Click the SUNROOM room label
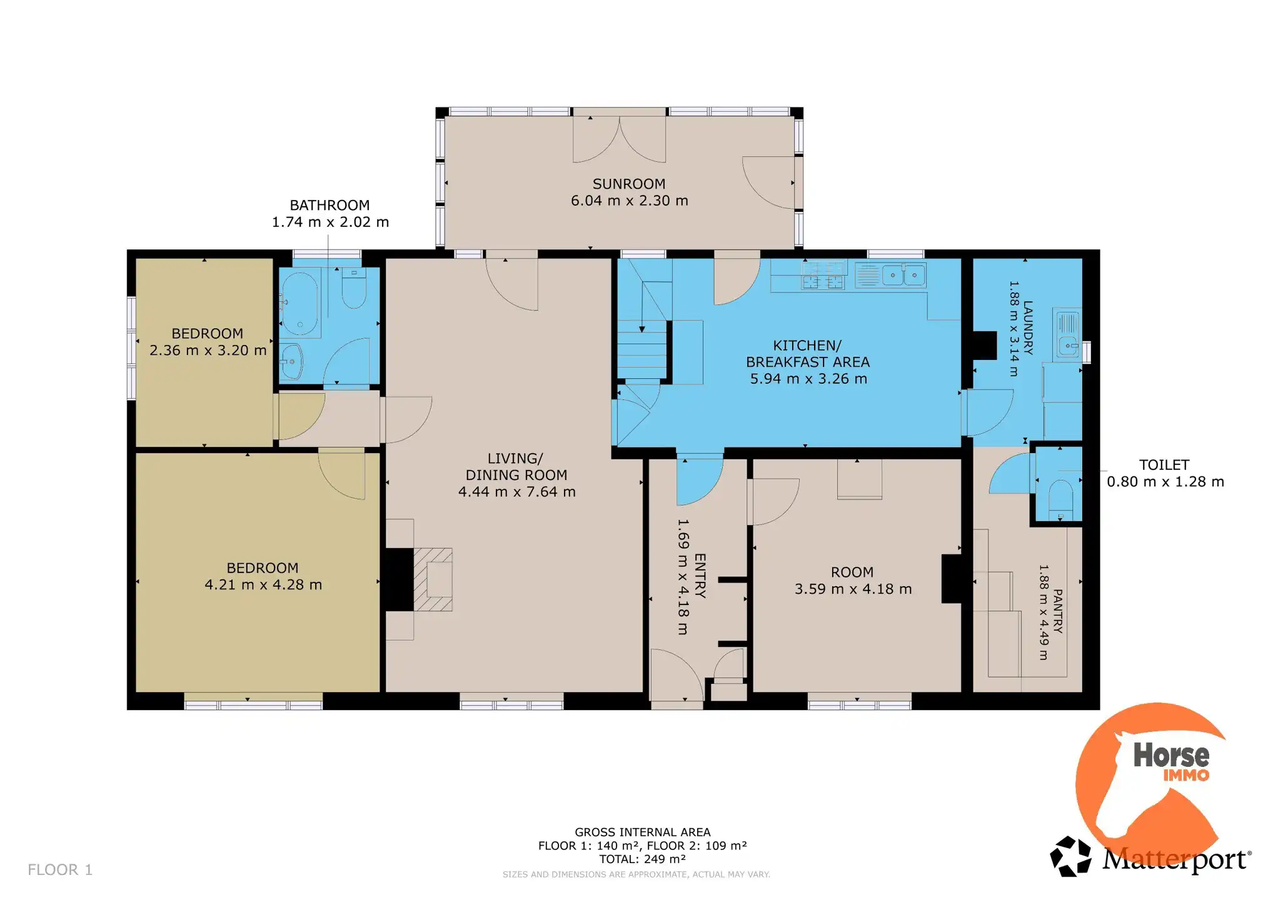point(629,184)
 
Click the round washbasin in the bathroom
point(291,361)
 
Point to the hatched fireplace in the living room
point(433,579)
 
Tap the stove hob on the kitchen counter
point(823,275)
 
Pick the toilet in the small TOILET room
point(1060,496)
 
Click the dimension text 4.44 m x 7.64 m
point(516,492)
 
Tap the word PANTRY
point(1057,611)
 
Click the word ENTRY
point(700,576)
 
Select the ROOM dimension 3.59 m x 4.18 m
point(853,589)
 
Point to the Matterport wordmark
point(1175,859)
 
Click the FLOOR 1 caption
point(60,869)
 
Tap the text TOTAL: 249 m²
point(643,859)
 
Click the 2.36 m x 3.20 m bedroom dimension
point(208,350)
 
